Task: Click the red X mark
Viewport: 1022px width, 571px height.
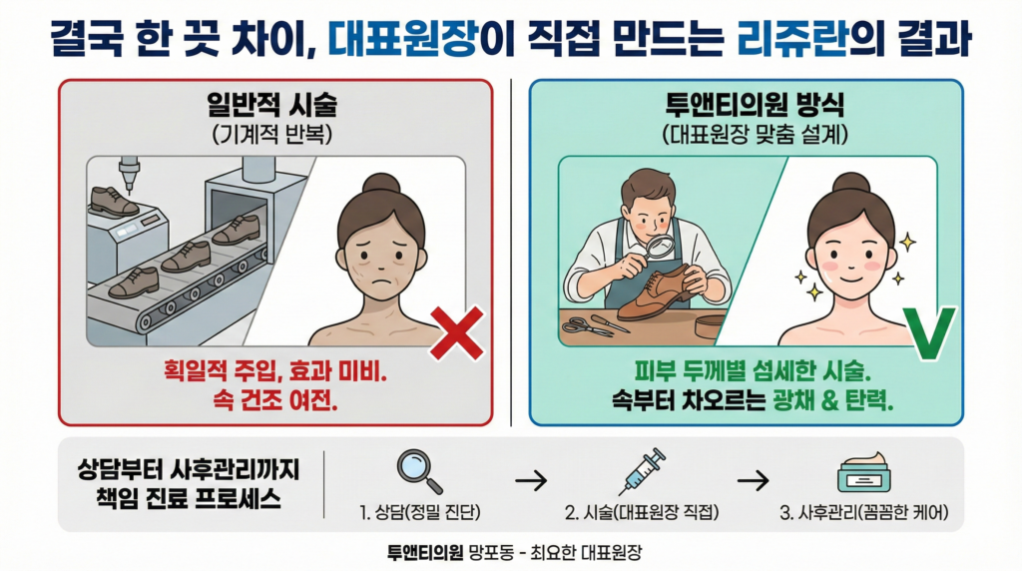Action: pos(455,333)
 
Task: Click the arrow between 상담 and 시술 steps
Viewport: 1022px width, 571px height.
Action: pos(532,480)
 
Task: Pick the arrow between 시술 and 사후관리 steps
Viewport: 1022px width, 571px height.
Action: pos(753,480)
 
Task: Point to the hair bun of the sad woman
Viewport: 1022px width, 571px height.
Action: pos(379,183)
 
